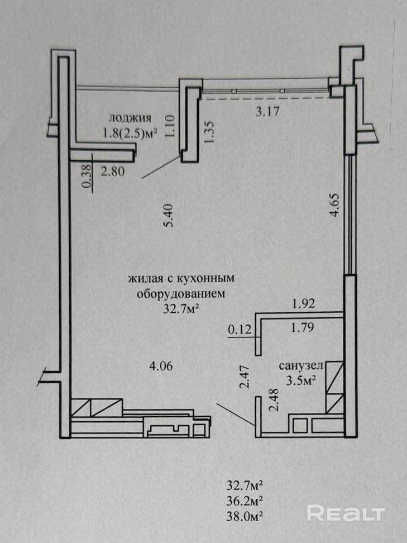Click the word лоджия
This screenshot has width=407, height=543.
[x=130, y=118]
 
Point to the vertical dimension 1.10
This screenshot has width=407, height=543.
[x=171, y=126]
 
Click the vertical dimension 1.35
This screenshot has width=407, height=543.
[x=210, y=131]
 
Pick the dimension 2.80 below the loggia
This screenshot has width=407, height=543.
[x=112, y=171]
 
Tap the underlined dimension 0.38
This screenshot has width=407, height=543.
[x=88, y=176]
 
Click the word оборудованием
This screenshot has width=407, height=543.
[x=181, y=294]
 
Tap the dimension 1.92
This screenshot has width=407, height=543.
[x=304, y=304]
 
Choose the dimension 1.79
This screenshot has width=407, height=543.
[x=303, y=327]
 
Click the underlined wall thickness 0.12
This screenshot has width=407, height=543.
[x=240, y=330]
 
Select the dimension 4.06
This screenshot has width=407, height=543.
[x=161, y=366]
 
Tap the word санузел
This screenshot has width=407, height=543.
[x=301, y=366]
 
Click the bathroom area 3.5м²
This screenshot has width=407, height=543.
[x=301, y=380]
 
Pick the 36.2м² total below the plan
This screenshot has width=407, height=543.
[x=245, y=501]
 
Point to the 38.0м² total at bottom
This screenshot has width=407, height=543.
[x=245, y=516]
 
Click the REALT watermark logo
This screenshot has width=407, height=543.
[x=346, y=513]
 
